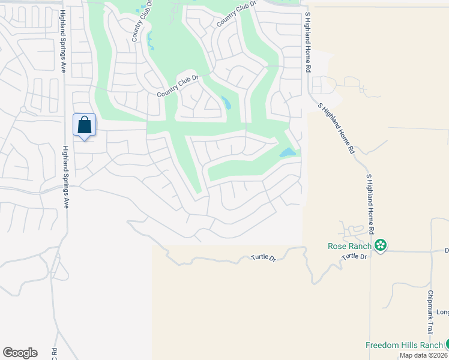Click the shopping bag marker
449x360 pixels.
pos(85,125)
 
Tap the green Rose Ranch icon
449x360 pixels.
pos(380,245)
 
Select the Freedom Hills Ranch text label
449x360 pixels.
pos(403,345)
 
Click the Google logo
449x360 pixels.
pos(20,353)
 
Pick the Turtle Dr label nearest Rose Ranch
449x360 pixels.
pos(354,257)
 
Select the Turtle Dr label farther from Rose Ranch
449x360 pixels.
pos(264,259)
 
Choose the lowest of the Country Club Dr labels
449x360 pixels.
pos(177,86)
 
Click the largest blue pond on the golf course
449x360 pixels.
pos(288,153)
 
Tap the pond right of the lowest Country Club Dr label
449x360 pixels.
pos(226,103)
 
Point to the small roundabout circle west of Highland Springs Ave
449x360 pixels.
pos(23,109)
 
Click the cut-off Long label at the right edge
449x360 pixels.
pos(442,312)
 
